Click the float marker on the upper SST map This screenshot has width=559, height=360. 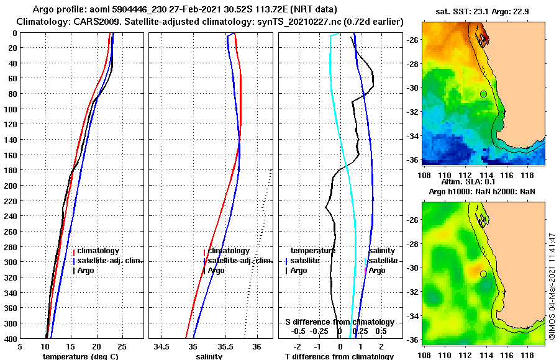[x=483, y=94]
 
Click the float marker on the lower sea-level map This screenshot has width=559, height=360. [x=483, y=274]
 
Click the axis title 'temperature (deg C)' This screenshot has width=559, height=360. [x=80, y=356]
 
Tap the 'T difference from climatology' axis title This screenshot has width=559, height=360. [x=339, y=356]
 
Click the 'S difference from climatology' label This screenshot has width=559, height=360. [x=339, y=322]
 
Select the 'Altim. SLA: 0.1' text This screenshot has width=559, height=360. [x=469, y=182]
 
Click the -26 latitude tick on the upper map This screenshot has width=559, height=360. [x=414, y=40]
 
